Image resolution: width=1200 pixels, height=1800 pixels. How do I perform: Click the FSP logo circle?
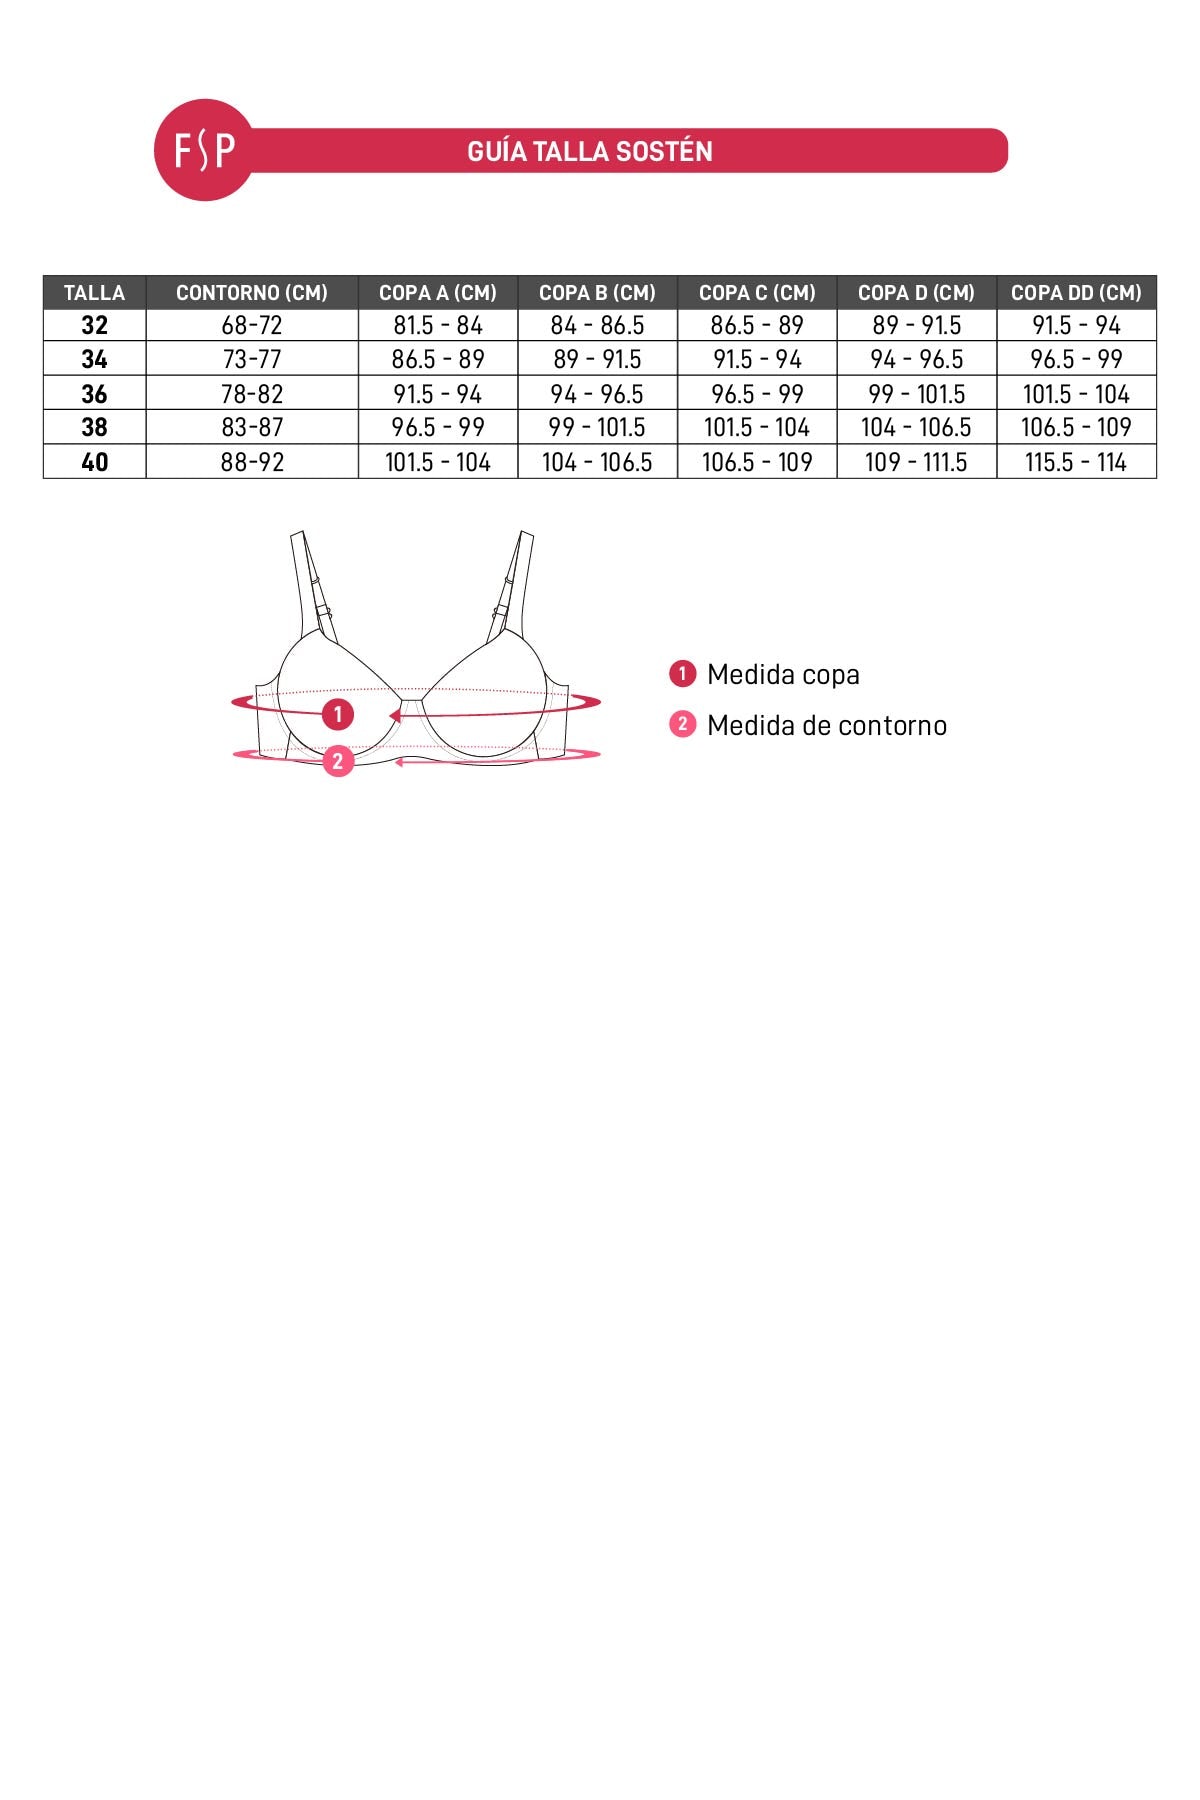click(x=204, y=150)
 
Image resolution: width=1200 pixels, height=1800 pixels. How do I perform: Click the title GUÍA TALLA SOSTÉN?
click(x=589, y=152)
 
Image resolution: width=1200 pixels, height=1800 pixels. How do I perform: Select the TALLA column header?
click(x=94, y=293)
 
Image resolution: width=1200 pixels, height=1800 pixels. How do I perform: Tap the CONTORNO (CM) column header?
click(x=252, y=293)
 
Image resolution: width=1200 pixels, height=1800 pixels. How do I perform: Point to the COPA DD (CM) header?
click(x=1076, y=293)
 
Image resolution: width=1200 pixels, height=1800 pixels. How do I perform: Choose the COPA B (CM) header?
click(x=597, y=293)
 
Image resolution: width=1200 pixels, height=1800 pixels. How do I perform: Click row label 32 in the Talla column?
click(x=94, y=325)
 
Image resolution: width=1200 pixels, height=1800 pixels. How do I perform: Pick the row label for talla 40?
click(x=94, y=462)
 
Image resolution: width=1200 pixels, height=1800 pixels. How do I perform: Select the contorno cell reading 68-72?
click(x=252, y=325)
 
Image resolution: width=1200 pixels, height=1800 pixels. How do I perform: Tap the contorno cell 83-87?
click(x=252, y=428)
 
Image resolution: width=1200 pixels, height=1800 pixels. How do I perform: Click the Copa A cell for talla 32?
click(x=438, y=325)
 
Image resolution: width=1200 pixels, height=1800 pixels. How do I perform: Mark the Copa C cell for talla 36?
click(x=757, y=394)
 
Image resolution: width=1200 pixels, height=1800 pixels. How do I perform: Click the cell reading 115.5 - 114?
click(x=1076, y=462)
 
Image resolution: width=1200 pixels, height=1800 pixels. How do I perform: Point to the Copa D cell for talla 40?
click(x=916, y=462)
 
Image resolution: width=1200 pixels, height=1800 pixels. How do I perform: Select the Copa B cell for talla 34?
click(x=597, y=359)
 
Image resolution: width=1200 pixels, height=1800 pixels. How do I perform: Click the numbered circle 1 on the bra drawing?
click(x=338, y=714)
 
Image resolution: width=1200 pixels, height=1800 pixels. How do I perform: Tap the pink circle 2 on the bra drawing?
click(x=338, y=761)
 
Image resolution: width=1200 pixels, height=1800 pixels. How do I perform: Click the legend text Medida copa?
click(x=783, y=675)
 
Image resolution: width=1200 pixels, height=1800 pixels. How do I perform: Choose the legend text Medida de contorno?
click(x=826, y=726)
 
